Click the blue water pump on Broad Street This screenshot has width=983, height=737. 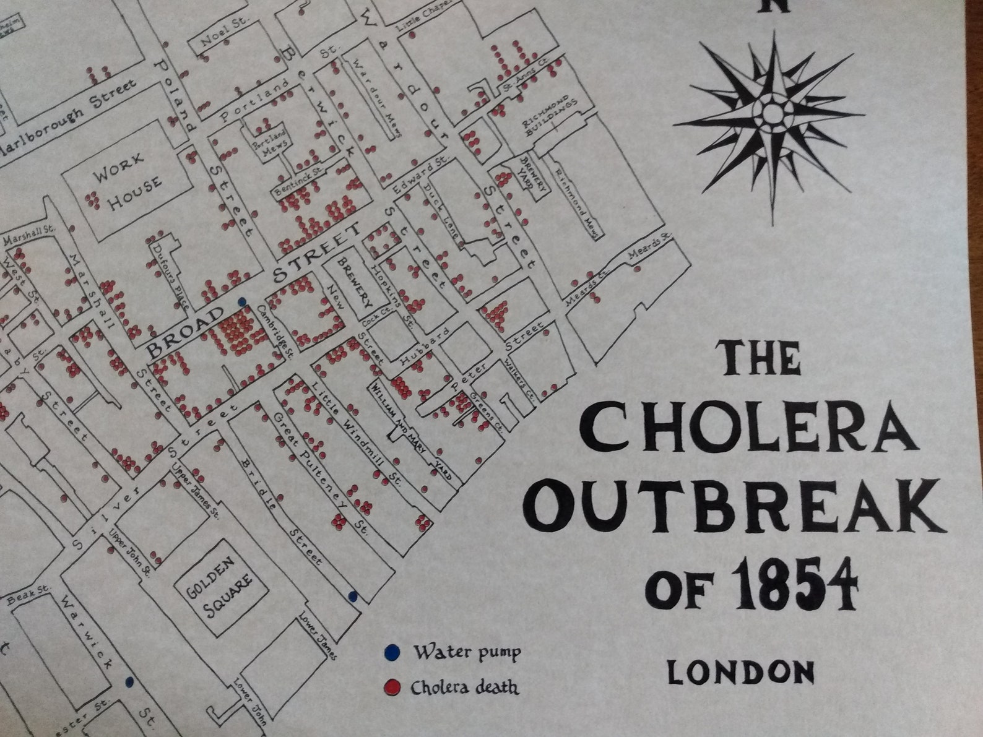[242, 301]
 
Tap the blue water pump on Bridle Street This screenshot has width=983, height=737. [353, 597]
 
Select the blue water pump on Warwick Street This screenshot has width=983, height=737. [129, 681]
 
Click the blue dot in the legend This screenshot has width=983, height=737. [391, 652]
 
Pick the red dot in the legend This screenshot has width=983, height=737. [391, 687]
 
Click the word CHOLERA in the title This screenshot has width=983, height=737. [748, 427]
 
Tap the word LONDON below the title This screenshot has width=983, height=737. [741, 672]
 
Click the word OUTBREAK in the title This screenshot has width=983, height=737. [735, 504]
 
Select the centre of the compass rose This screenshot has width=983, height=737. [772, 113]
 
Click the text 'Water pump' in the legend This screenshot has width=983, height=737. [467, 652]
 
